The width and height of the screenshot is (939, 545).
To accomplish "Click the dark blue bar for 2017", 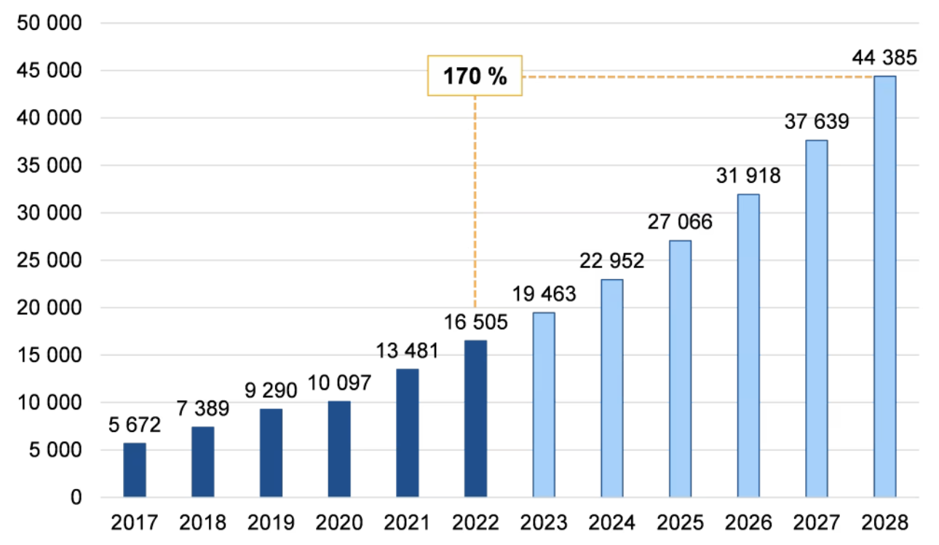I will coord(135,470).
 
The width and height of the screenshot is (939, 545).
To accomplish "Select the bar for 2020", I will coord(339,449).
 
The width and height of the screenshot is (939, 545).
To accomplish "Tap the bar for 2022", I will coord(475,419).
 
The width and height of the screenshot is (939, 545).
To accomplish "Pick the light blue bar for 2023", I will coord(544,405).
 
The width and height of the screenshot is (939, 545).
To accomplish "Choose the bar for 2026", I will coord(748,346).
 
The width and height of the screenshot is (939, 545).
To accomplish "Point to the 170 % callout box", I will coord(475,75).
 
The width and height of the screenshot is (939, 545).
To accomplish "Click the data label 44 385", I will coord(884,58).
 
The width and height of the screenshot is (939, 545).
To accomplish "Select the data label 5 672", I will coord(135,425).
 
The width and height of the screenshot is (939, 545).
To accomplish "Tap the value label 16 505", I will coord(475,321).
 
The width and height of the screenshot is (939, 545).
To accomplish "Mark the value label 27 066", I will coord(680,222).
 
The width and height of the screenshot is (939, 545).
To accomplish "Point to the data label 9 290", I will coord(271,391).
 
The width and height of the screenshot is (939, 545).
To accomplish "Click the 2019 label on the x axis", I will coord(271,522).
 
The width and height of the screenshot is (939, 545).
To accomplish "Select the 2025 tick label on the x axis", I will coord(680,522).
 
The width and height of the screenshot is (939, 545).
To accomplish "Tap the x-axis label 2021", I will coord(407,522).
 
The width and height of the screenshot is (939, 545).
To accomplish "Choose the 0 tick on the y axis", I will coord(75,498).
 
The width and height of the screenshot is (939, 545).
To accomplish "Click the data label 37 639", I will coord(816,122).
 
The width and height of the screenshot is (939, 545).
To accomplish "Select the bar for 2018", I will coord(202,462).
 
